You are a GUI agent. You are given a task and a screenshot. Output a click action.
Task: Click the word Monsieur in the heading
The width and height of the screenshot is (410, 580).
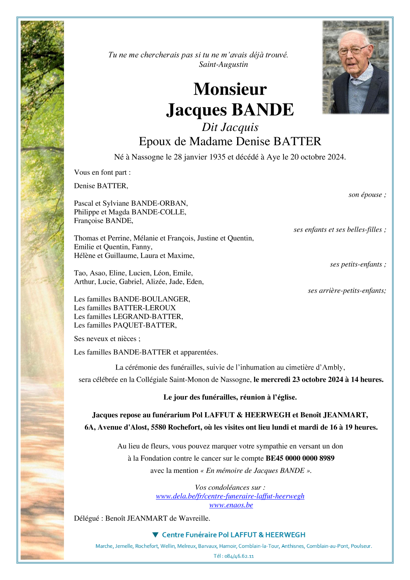pos(230,89)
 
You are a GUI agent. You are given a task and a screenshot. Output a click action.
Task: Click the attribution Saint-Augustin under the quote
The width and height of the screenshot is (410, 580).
pos(223,65)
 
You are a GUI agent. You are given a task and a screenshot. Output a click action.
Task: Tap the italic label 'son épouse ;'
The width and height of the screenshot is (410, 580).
pos(367,195)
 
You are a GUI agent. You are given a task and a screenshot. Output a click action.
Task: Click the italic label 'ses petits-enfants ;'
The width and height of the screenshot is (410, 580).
pos(358,264)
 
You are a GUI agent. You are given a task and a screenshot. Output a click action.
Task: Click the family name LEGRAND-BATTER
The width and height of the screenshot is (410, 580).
pos(148,316)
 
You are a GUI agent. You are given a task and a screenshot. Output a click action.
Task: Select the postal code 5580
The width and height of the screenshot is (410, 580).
pos(158,427)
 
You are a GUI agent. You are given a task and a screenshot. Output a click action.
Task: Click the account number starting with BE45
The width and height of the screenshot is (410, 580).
pos(300,458)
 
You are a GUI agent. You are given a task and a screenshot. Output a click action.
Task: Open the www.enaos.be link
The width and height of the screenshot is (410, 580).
pos(231,505)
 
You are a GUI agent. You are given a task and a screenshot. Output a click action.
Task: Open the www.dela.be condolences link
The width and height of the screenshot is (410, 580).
pos(230,496)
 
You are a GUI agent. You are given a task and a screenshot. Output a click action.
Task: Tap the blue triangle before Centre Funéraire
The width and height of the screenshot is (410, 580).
pos(155,535)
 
